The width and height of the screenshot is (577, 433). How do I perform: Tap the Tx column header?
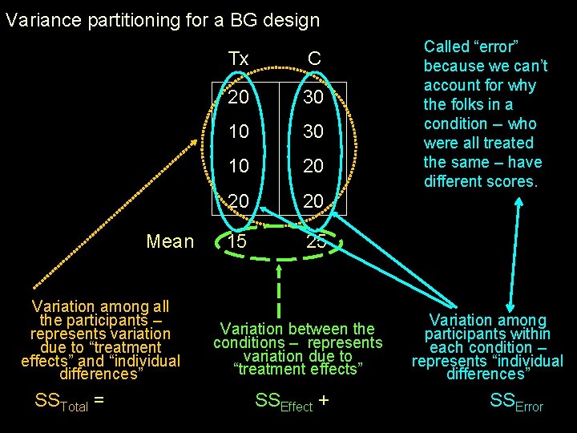[x=238, y=59]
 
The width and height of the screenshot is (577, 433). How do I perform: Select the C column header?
[x=314, y=59]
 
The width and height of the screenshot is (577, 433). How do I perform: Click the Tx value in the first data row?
[x=238, y=97]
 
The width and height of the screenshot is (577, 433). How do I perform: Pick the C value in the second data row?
[x=314, y=131]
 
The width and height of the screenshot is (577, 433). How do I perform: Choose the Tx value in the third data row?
[x=238, y=166]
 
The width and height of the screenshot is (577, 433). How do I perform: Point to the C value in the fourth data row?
[x=314, y=200]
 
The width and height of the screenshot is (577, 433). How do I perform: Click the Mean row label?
[x=170, y=241]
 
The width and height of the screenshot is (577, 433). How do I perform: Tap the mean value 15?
[x=237, y=241]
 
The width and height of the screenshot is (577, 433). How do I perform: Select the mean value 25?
[x=314, y=241]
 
